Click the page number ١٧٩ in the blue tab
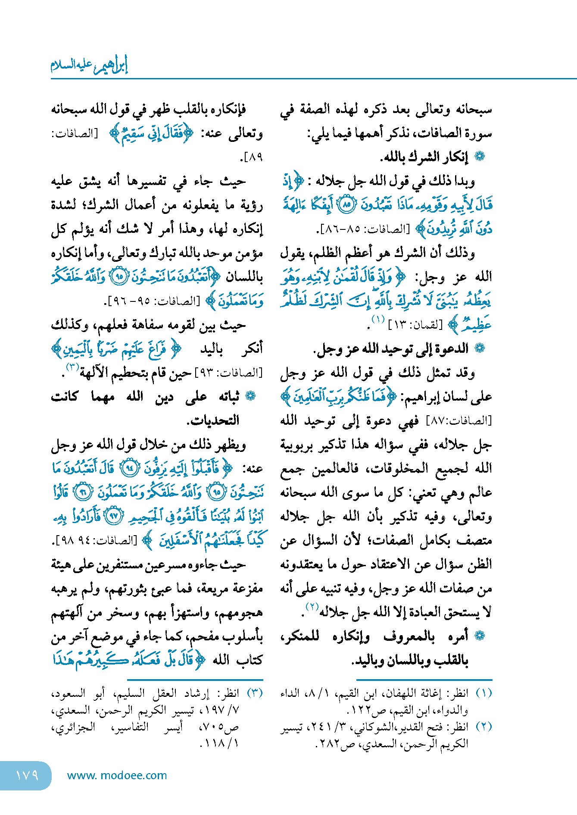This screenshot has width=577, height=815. (x=27, y=775)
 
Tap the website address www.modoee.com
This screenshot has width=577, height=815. (x=117, y=775)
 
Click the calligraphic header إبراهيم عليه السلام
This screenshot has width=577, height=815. (x=90, y=65)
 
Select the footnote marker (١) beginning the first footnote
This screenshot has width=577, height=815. (x=483, y=693)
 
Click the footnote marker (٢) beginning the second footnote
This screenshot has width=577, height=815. (x=483, y=727)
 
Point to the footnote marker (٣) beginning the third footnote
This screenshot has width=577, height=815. (x=255, y=693)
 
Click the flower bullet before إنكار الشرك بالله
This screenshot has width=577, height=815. (x=480, y=157)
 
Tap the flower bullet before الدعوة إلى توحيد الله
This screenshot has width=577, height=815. (x=480, y=348)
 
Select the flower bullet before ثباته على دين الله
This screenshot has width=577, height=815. (x=250, y=396)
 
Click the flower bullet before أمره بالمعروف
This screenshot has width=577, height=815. (x=480, y=636)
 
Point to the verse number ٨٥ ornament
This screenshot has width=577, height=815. (x=346, y=205)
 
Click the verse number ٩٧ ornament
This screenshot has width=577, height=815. (x=114, y=516)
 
